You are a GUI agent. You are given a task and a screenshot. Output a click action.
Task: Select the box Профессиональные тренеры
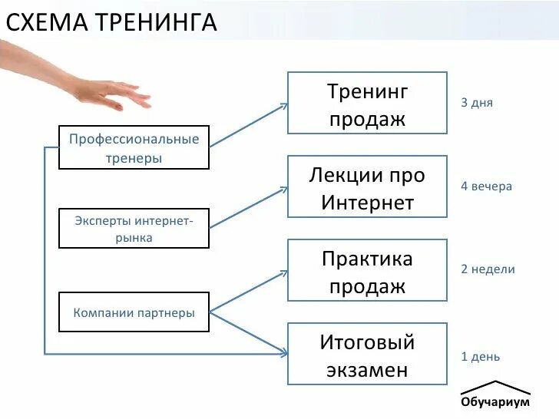click(134, 147)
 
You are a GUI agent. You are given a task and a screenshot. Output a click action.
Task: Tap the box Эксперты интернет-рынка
click(134, 229)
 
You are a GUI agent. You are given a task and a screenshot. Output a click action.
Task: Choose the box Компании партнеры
click(134, 312)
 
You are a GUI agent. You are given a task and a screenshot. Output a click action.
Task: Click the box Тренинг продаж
click(367, 103)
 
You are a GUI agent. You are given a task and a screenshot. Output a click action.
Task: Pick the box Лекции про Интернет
click(367, 187)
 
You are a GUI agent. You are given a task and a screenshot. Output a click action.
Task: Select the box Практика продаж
click(367, 270)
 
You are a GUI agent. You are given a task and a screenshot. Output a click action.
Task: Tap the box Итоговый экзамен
click(367, 354)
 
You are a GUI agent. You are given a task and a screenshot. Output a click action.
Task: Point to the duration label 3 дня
click(477, 103)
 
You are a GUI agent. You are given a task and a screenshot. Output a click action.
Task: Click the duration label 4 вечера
click(486, 186)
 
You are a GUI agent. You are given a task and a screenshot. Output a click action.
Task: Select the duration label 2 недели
click(488, 269)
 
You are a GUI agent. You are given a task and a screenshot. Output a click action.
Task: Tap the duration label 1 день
click(480, 357)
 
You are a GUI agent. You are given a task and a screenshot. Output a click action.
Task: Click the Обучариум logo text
click(495, 403)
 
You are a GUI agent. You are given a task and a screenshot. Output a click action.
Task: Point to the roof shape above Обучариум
click(495, 386)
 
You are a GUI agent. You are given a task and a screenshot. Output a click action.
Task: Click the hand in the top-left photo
click(107, 91)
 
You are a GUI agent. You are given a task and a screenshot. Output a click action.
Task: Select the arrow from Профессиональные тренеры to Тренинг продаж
click(248, 124)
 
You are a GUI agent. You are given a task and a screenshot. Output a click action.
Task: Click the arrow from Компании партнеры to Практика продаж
click(248, 291)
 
